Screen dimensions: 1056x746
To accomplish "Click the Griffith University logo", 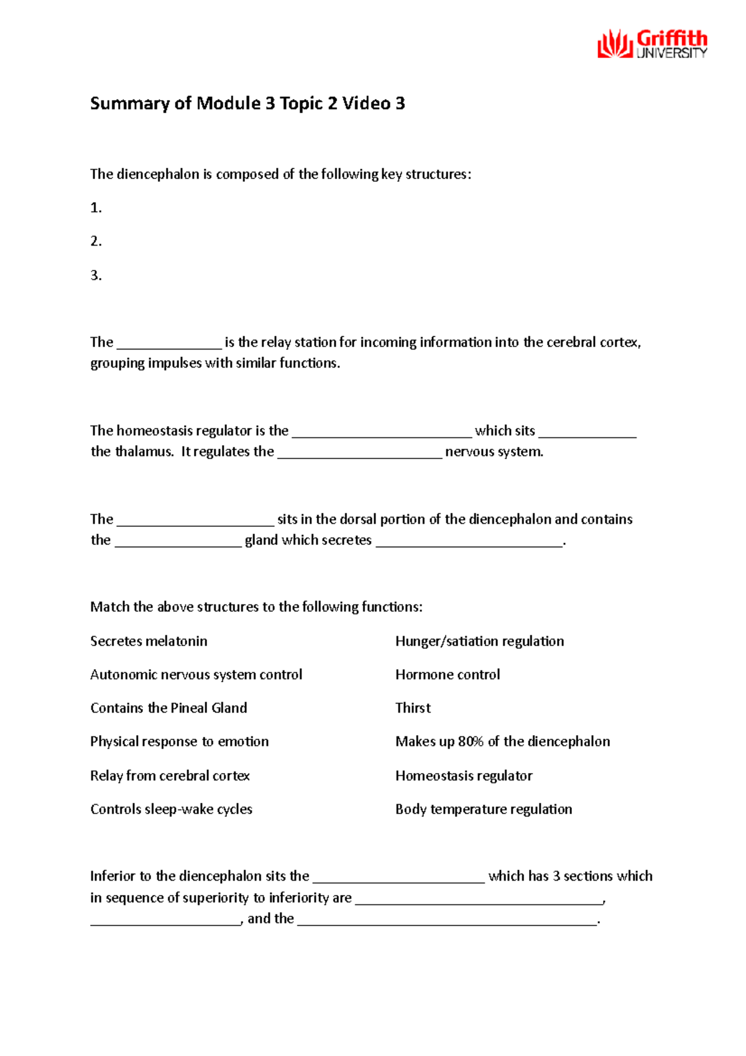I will click(652, 45).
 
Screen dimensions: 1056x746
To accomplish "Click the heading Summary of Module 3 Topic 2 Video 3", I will click(247, 103).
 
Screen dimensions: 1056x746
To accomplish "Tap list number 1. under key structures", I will click(96, 208).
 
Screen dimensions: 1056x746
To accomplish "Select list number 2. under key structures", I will click(96, 241).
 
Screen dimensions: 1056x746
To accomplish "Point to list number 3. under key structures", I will click(96, 276).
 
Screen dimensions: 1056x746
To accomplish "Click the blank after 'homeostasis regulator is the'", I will click(382, 432).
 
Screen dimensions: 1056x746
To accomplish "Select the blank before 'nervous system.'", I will click(359, 453).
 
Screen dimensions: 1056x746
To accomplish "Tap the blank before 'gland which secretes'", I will click(178, 542).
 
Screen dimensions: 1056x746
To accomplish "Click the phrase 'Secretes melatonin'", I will click(149, 641).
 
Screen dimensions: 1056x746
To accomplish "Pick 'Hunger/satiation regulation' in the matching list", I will click(479, 641).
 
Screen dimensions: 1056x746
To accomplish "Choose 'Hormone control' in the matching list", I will click(447, 675).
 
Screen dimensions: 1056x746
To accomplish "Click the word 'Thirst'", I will click(413, 708).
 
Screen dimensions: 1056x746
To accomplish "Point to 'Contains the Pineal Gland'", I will click(168, 708).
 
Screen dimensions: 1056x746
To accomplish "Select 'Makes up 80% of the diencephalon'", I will click(502, 742).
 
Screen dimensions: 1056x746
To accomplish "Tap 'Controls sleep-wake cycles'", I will click(171, 810).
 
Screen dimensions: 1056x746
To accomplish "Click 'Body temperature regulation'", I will click(483, 810).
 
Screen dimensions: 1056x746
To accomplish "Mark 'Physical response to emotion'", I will click(179, 742).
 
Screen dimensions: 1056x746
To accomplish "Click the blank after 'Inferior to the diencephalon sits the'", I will click(398, 878).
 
